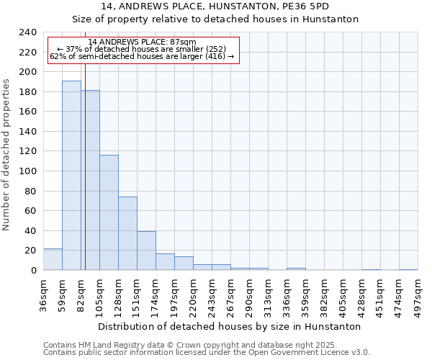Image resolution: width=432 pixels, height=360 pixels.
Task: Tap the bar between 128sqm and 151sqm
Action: pyautogui.click(x=127, y=233)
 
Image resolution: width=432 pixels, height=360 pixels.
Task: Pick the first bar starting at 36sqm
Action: pyautogui.click(x=53, y=259)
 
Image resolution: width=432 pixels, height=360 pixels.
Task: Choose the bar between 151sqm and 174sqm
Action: pyautogui.click(x=146, y=251)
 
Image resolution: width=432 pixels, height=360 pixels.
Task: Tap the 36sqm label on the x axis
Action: pyautogui.click(x=44, y=293)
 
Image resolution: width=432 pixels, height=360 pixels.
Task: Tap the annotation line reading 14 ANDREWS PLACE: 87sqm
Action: pyautogui.click(x=142, y=42)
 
